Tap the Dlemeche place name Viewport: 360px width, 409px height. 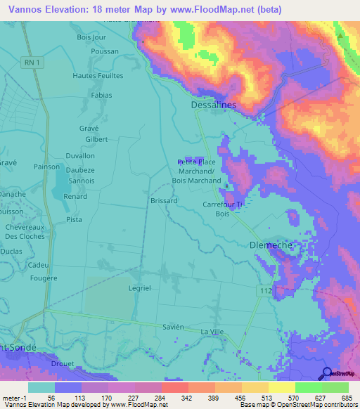271,245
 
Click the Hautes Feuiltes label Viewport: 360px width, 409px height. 98,76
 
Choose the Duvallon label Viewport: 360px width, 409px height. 79,156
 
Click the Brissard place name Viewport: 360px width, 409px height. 164,200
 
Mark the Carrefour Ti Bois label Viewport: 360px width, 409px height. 222,209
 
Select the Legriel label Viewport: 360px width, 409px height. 139,289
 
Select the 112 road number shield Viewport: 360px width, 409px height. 262,291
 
